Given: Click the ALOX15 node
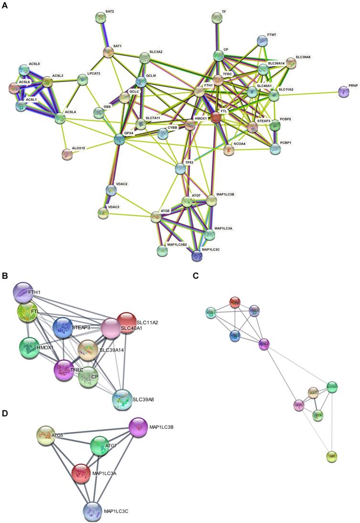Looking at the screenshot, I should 67,154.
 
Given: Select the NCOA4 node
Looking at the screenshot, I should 229,150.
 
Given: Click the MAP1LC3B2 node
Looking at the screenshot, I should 163,250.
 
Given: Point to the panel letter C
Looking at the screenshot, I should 195,275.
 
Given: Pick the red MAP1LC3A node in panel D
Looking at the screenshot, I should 82,473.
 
